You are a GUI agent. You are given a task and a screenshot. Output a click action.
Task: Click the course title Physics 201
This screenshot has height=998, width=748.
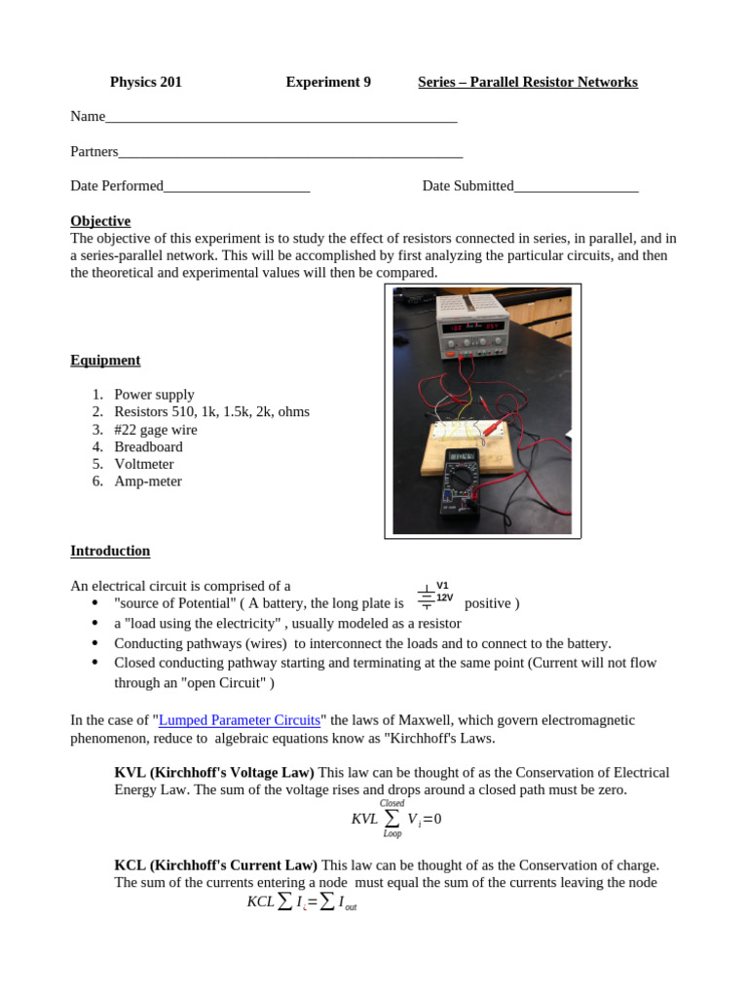[x=145, y=82]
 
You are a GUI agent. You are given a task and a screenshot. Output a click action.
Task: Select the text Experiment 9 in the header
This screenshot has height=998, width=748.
[x=328, y=82]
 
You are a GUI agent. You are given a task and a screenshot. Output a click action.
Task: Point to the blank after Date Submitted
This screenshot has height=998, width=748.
[x=576, y=187]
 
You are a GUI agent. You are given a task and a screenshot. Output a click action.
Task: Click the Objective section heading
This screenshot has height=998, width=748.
[x=100, y=221]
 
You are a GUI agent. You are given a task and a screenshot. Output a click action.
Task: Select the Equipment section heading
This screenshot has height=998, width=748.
[x=105, y=361]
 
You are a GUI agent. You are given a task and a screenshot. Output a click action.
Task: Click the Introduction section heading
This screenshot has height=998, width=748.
[x=110, y=551]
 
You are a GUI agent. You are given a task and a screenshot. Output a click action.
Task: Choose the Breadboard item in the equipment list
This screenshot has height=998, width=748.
[x=148, y=446]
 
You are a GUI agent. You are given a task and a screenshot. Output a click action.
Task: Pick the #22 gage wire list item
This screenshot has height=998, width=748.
[x=156, y=429]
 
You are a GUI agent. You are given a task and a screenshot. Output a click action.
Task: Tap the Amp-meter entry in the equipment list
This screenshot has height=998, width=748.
[x=148, y=481]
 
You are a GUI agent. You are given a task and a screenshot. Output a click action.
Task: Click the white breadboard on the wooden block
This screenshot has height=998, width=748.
[x=467, y=429]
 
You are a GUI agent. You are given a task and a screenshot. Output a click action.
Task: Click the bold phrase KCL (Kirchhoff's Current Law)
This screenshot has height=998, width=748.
[x=215, y=864]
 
